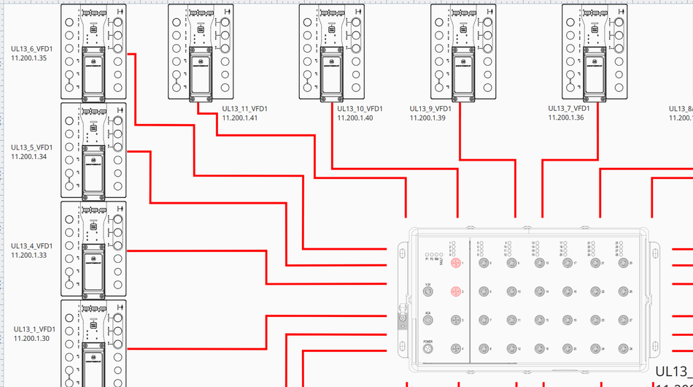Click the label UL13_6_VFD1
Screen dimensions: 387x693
coord(31,49)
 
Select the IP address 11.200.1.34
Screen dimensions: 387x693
coord(29,156)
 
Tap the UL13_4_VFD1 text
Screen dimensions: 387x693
coord(31,246)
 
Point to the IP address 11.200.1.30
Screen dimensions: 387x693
coord(31,338)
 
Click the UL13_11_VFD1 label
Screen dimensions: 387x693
coord(244,110)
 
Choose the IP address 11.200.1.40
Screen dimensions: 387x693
coord(355,118)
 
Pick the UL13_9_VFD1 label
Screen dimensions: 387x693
coord(430,110)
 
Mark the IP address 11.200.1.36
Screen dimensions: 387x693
coord(566,118)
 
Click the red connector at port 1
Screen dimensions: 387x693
coord(456,263)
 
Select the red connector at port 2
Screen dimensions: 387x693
coord(456,292)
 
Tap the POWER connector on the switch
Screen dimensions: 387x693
coord(428,350)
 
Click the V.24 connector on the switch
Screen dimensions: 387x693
coord(428,292)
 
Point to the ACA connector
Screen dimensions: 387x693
coord(428,321)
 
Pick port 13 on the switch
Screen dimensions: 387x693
coord(539,263)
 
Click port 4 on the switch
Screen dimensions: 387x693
coord(456,350)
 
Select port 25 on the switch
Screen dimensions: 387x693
coord(622,263)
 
